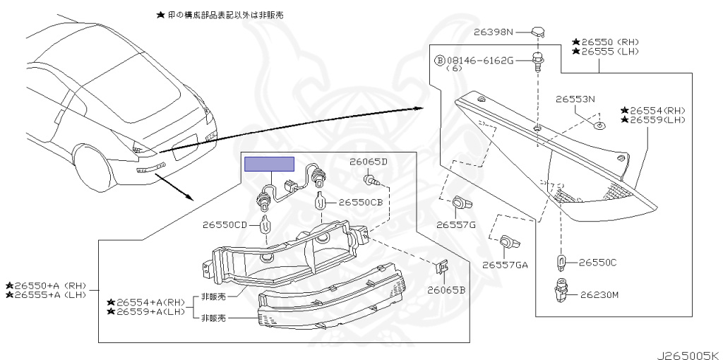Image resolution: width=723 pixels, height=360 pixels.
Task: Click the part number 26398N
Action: (494, 32)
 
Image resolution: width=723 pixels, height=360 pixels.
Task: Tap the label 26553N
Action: (575, 100)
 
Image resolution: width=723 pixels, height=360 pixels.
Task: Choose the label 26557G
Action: (456, 225)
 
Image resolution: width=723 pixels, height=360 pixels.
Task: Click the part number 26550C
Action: (598, 263)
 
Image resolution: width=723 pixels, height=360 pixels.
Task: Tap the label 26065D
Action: (369, 162)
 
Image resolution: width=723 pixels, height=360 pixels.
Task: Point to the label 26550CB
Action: (360, 202)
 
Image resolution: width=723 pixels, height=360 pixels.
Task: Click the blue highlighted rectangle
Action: (269, 164)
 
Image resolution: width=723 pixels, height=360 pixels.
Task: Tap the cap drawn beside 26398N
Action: (538, 31)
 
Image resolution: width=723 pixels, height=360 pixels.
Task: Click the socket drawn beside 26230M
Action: (562, 291)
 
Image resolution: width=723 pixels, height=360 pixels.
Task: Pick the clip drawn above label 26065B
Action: (442, 268)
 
